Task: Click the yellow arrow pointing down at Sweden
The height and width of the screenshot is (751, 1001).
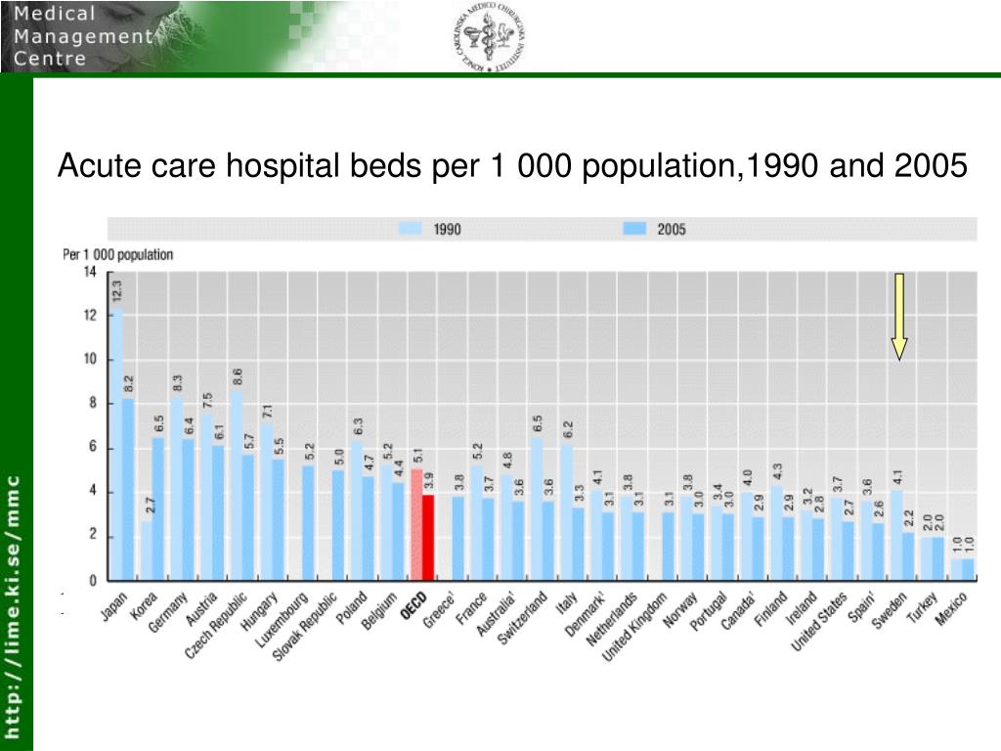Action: coord(898,315)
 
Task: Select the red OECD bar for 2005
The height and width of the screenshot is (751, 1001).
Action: coord(427,537)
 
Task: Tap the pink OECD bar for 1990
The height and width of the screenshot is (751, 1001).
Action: coord(415,524)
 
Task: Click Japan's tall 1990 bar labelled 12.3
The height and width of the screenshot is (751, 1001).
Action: coord(116,445)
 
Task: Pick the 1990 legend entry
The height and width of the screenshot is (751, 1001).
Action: coord(429,229)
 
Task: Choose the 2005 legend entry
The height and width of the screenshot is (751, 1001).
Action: coord(654,229)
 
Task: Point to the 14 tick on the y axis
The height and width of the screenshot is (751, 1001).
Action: coord(90,272)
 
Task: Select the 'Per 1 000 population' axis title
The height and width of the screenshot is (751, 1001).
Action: coord(118,254)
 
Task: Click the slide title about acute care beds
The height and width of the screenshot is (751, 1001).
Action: coord(512,167)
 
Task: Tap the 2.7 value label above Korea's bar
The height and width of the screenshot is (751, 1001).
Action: coord(149,506)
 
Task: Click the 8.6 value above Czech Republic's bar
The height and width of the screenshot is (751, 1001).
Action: coord(238,376)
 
